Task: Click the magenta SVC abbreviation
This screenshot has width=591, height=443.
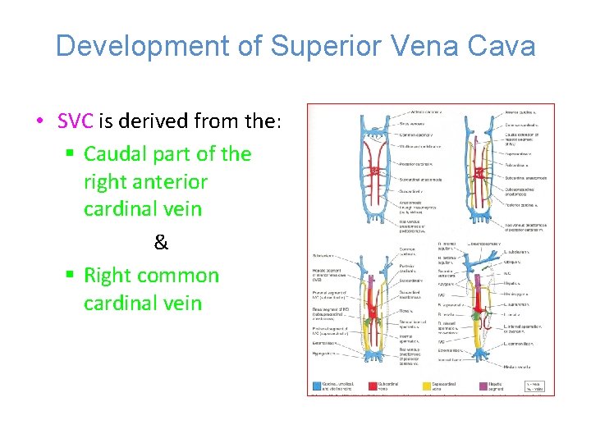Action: pyautogui.click(x=76, y=123)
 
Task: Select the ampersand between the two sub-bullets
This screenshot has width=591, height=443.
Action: pyautogui.click(x=161, y=243)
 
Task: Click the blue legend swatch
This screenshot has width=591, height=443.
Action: pyautogui.click(x=317, y=385)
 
